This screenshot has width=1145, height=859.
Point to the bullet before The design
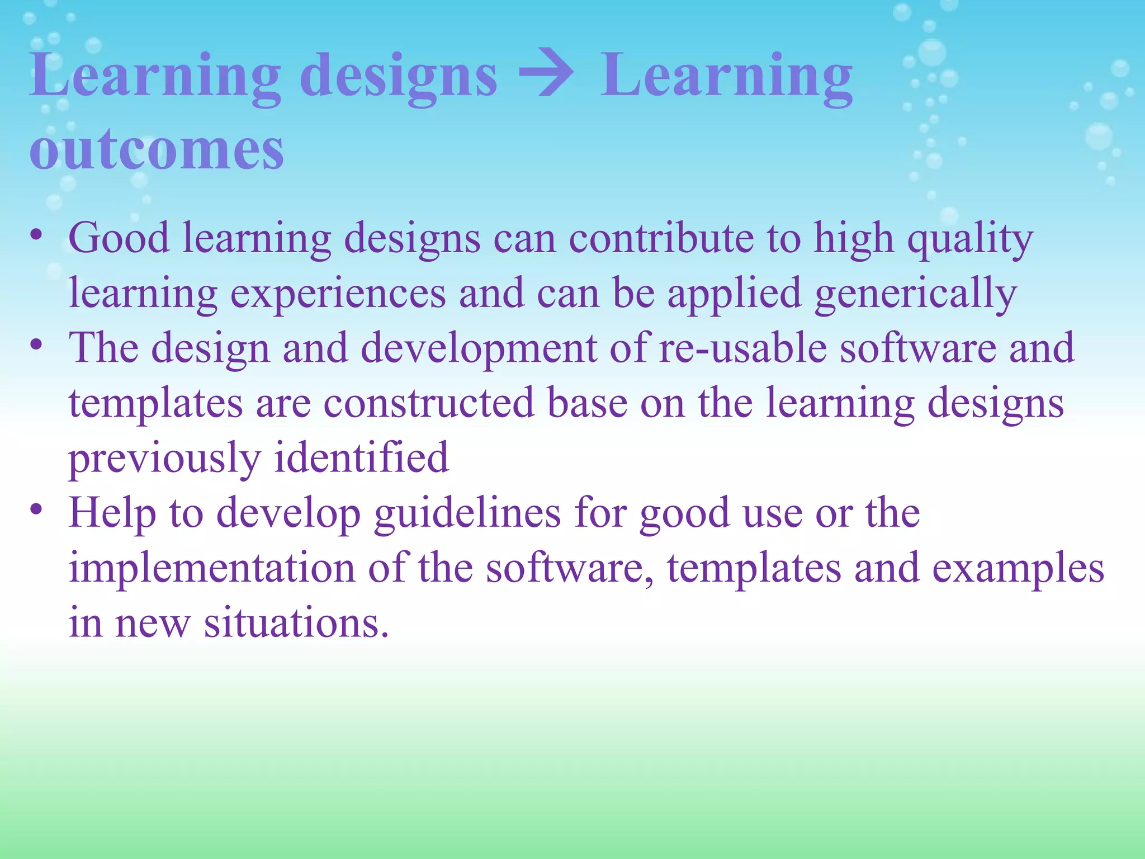point(36,346)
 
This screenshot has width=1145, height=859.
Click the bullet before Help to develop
point(36,510)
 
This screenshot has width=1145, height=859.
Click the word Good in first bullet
point(119,238)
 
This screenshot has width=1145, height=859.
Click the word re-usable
point(743,347)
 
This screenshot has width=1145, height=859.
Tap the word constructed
point(429,402)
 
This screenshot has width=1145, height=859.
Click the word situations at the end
point(295,622)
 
